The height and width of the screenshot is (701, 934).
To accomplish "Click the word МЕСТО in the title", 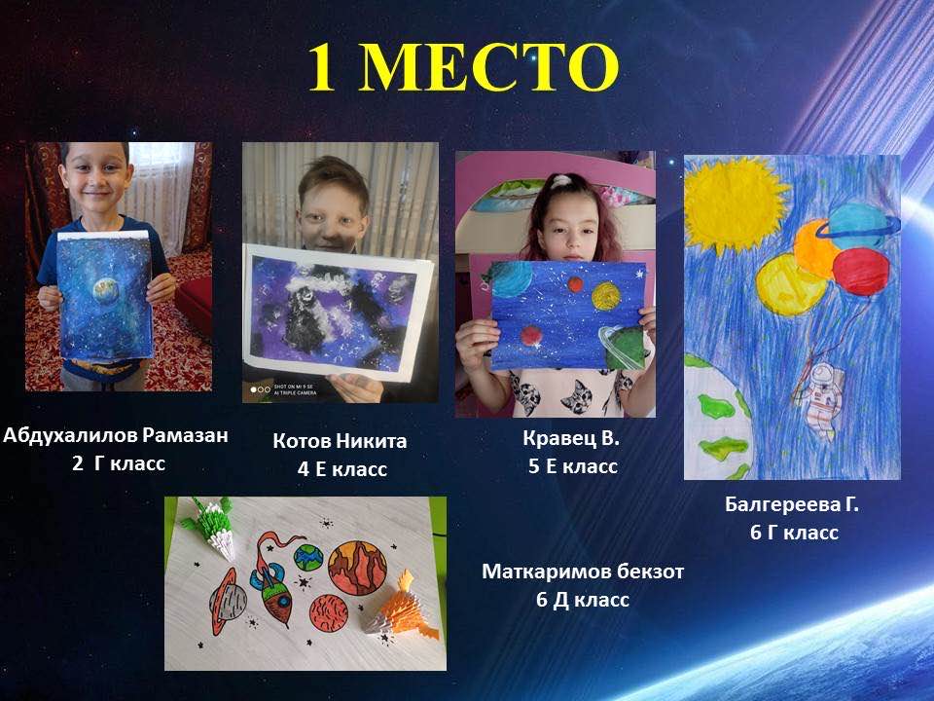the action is coord(488,66).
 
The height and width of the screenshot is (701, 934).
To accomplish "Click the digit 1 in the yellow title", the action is coord(322,66).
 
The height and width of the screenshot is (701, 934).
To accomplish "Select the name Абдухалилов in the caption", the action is coord(70,434).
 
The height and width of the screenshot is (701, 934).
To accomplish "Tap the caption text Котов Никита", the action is coord(341,440).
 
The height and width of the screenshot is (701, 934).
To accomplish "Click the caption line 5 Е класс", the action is coord(573,466).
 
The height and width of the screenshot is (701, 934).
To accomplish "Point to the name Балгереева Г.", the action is coord(792,504).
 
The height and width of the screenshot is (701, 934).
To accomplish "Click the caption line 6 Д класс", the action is coord(583,599).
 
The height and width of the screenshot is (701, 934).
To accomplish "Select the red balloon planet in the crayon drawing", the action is coord(861,272).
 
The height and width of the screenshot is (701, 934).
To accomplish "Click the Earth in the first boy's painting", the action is coord(106,291).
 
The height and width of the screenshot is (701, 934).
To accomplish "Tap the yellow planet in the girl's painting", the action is coord(606,296).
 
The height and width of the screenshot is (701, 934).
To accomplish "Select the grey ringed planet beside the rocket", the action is coord(228,600).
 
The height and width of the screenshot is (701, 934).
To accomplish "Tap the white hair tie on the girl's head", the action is coord(560,181).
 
